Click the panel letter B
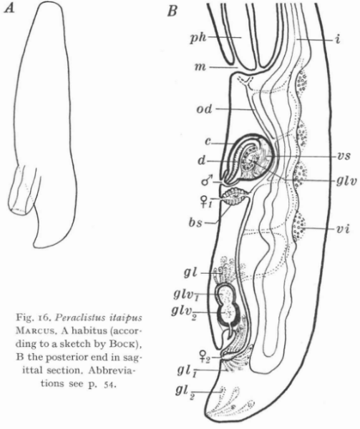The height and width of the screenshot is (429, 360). coord(172,11)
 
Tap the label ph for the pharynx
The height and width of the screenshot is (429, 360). coord(198,39)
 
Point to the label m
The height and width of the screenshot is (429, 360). coord(200,66)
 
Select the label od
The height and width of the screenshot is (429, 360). coord(204,109)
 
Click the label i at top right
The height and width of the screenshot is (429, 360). coord(338,39)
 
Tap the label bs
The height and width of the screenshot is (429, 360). coord(195,222)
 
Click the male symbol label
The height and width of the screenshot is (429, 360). coord(206,181)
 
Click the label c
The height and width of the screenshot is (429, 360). coord(208,142)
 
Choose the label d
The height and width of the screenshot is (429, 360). coord(201,161)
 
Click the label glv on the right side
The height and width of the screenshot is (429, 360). coord(346,181)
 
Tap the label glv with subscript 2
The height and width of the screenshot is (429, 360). coord(183,312)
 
